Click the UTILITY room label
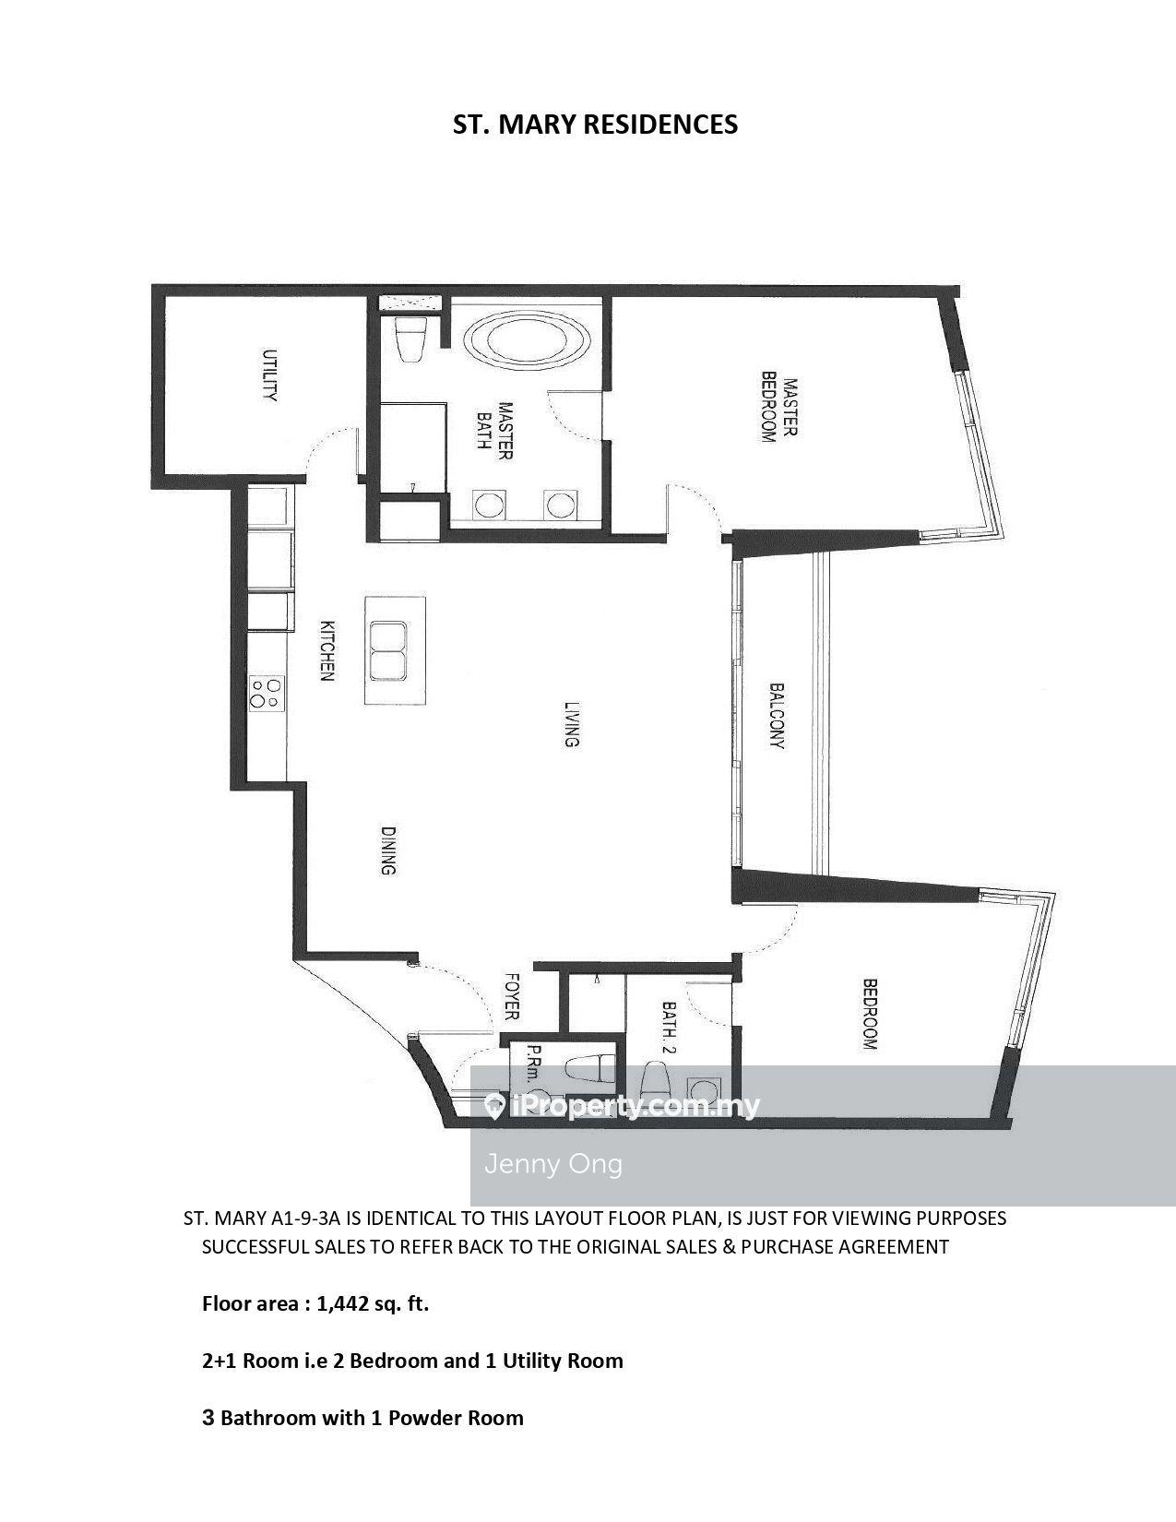tap(269, 375)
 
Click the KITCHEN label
tap(327, 650)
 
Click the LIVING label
tap(572, 724)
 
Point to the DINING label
tap(388, 851)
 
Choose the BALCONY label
tap(776, 717)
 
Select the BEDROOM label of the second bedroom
tap(869, 1015)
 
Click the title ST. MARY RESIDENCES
tap(595, 125)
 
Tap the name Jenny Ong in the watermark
tap(553, 1164)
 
